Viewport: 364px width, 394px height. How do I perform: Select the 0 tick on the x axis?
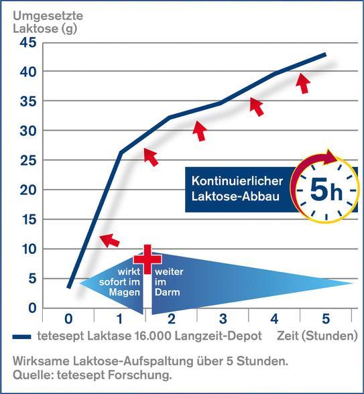[68, 318]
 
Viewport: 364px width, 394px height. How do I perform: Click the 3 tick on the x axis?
[223, 318]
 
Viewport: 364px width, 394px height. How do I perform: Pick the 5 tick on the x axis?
[326, 318]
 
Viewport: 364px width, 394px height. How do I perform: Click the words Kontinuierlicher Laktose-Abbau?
[240, 190]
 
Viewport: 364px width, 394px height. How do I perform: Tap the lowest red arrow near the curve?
[109, 239]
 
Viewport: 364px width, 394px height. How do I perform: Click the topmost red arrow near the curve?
[304, 83]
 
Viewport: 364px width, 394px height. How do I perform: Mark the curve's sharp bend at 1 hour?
[121, 153]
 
